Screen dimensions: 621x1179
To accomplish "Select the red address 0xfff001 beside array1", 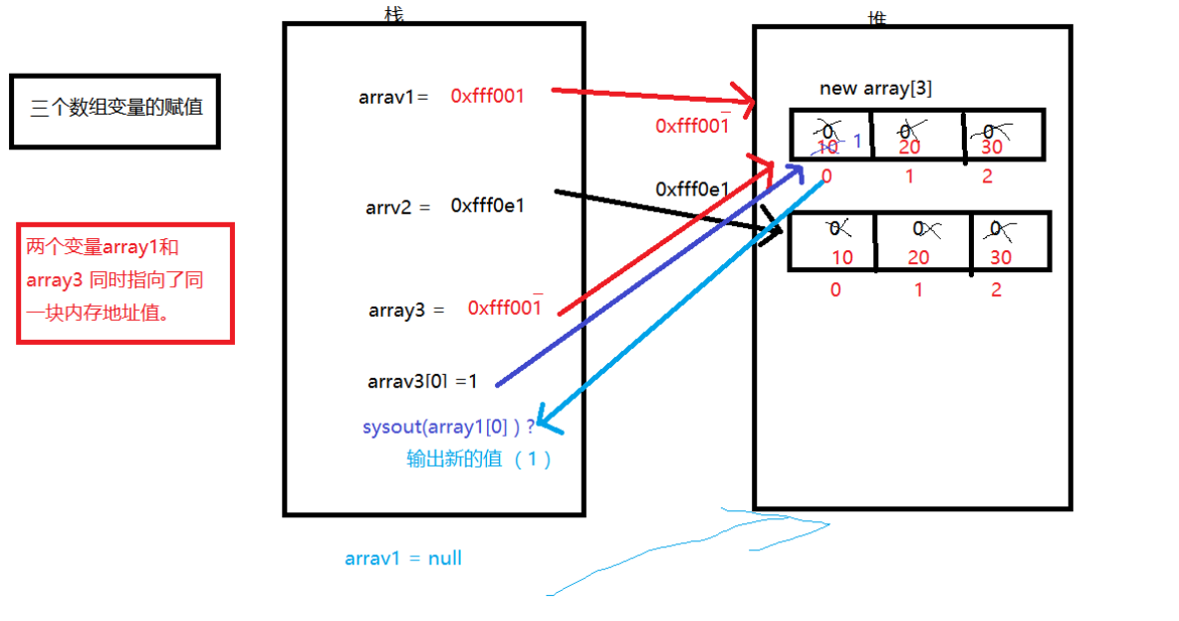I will point(487,96).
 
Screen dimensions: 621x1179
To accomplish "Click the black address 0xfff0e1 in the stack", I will point(487,206).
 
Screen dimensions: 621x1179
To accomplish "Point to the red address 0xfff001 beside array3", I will point(505,308).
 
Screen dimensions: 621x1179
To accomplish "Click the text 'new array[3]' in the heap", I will point(875,88).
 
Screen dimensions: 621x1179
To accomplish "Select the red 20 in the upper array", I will point(907,147).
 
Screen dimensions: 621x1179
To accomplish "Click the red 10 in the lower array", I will point(841,257).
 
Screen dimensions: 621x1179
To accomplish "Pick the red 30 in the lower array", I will point(1001,257).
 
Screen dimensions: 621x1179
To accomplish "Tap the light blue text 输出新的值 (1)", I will point(479,460).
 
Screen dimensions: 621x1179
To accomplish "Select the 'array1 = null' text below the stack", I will point(403,558).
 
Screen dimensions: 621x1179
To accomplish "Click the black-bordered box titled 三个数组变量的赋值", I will point(115,111).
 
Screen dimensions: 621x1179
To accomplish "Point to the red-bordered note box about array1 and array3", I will point(124,283).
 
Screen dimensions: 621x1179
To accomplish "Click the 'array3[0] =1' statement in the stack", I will point(423,381).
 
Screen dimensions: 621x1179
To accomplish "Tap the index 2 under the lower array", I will point(997,290).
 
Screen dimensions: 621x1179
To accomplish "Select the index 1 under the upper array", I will point(907,176).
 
